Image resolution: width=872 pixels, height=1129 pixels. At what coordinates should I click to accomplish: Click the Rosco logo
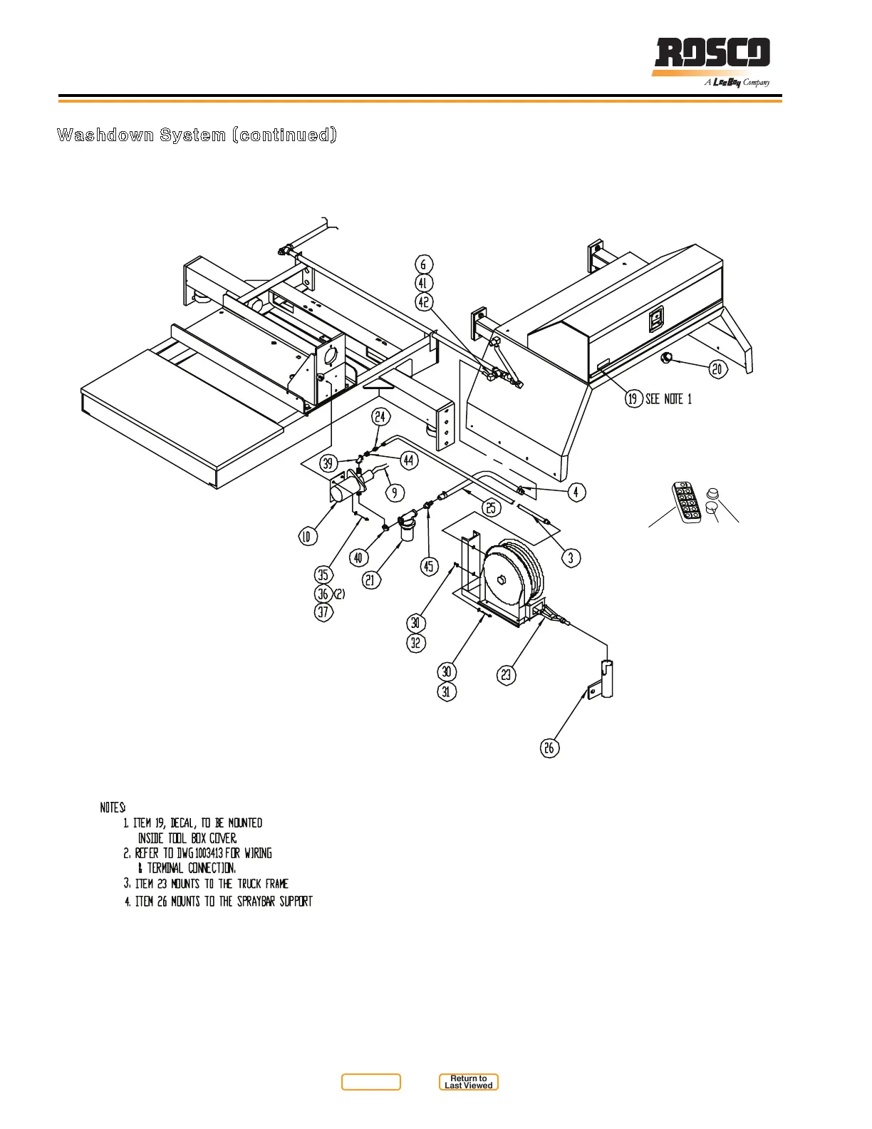[x=712, y=55]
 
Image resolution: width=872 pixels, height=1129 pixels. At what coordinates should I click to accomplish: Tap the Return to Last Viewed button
[x=468, y=1082]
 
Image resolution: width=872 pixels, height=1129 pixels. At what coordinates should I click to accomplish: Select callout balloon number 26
[x=549, y=748]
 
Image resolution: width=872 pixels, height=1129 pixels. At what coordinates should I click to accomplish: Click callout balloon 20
[x=717, y=368]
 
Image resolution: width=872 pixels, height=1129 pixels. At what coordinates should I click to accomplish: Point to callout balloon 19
[x=633, y=398]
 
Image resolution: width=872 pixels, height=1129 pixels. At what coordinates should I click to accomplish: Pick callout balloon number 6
[x=423, y=264]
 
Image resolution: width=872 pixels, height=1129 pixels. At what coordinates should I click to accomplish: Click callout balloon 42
[x=424, y=302]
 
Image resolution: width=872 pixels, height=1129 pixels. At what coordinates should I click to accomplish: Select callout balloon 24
[x=380, y=417]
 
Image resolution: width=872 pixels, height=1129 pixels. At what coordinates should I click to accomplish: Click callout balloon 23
[x=506, y=674]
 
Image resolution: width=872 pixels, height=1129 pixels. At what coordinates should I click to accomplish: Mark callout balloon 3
[x=571, y=557]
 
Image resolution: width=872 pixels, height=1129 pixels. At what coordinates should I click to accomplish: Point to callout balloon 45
[x=428, y=567]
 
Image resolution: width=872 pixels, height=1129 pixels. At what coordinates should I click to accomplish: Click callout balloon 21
[x=370, y=580]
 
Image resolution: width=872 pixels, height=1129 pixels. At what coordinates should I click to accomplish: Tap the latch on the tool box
[x=656, y=319]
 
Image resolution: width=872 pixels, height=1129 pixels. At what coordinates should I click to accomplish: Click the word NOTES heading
[x=113, y=808]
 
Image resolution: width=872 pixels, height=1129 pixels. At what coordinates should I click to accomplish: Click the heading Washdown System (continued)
[x=197, y=135]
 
